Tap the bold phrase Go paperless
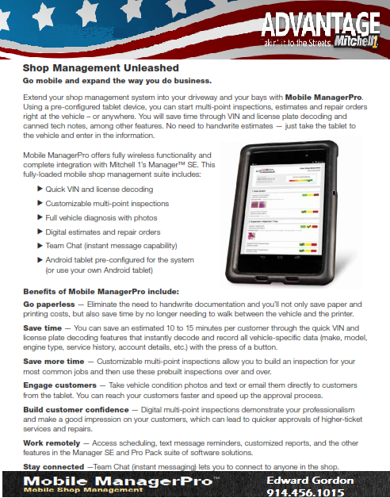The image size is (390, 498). point(48,305)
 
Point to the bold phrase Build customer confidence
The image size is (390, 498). point(75,408)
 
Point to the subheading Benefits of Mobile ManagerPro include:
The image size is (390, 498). point(101,291)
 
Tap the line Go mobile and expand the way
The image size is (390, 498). point(117,82)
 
